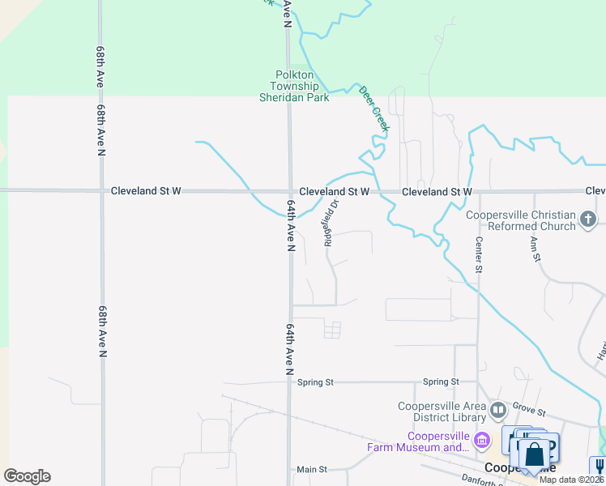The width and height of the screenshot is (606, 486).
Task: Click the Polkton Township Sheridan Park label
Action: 293,86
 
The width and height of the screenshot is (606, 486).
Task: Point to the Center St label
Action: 479,254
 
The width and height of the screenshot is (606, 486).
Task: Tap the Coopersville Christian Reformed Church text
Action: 521,220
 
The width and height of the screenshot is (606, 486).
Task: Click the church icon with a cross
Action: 589,218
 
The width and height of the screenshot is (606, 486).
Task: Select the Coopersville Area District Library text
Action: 442,411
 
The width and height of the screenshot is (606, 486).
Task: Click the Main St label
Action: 311,469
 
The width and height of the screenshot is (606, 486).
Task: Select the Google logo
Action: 27,476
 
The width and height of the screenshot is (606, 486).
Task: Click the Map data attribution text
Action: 572,480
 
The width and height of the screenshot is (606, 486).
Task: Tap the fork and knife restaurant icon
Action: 598,466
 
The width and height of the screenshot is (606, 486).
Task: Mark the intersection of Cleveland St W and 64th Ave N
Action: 289,192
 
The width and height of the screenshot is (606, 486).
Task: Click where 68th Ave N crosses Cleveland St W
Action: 101,191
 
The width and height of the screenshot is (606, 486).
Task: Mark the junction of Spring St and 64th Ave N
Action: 290,382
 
